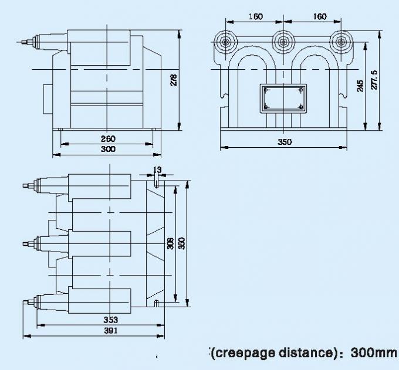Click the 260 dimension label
(x=108, y=139)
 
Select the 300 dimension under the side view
(x=108, y=149)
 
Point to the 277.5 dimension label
(x=374, y=80)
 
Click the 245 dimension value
(x=360, y=86)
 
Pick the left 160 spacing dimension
(x=255, y=16)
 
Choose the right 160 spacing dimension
(x=320, y=16)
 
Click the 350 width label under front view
(x=285, y=142)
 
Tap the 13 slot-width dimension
(x=157, y=169)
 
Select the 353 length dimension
(x=111, y=320)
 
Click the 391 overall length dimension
(x=111, y=331)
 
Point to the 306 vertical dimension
(x=170, y=243)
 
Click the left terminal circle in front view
(x=226, y=42)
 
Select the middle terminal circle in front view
(x=283, y=42)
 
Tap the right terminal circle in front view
(x=341, y=42)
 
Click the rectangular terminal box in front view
(x=283, y=99)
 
